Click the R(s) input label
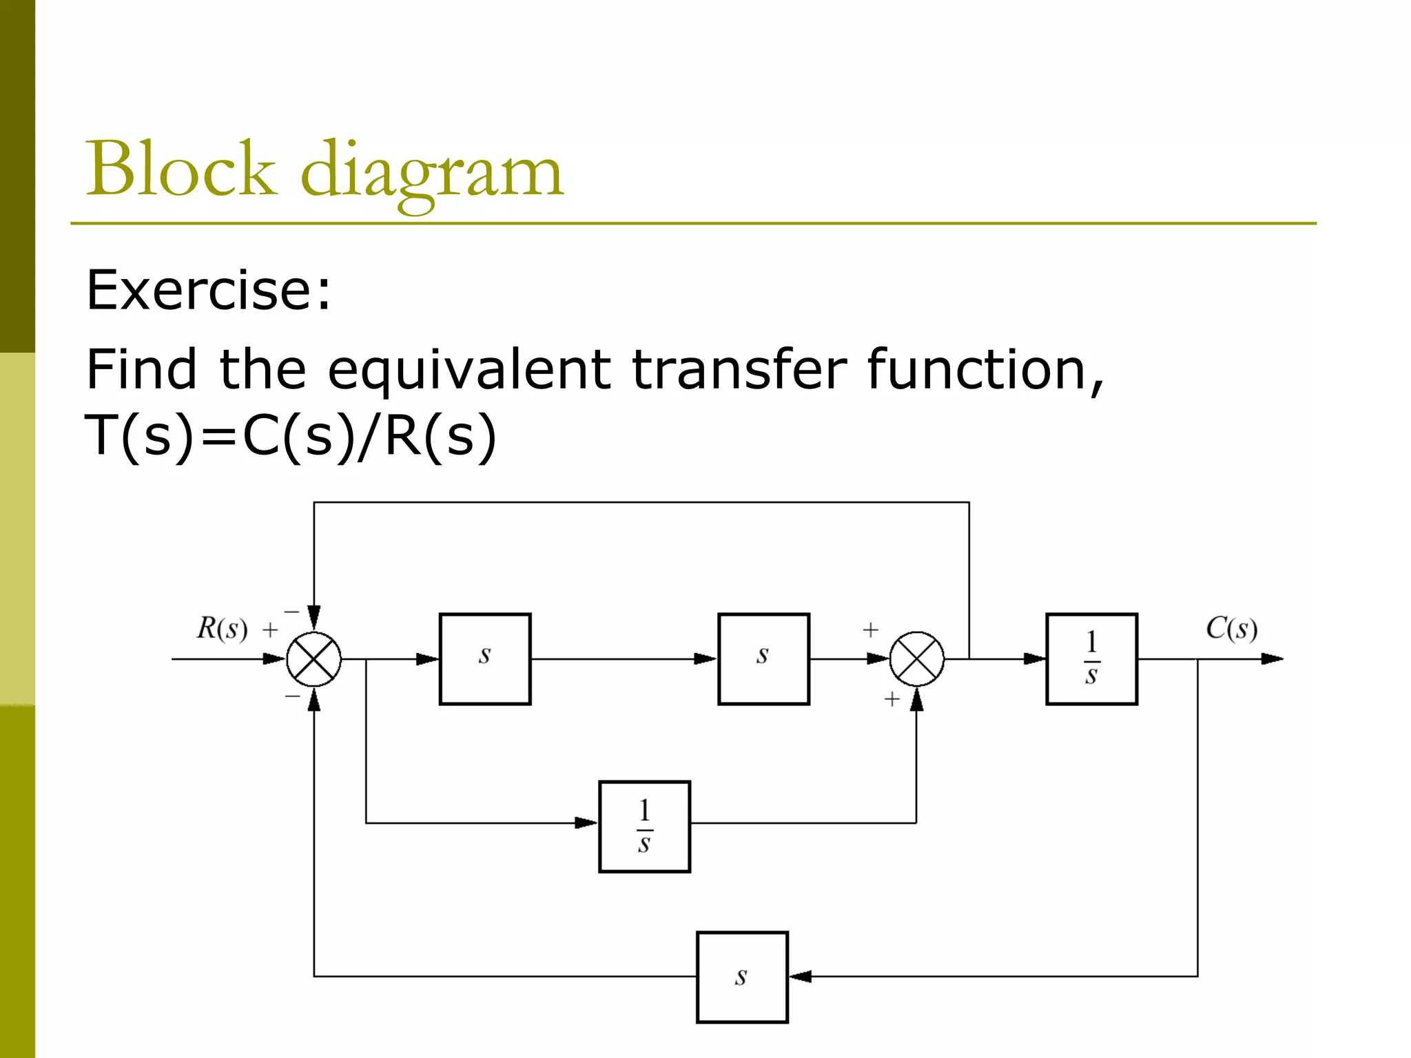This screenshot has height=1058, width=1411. click(x=222, y=628)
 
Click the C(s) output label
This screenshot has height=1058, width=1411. click(x=1231, y=628)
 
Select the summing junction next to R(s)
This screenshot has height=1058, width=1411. click(x=313, y=659)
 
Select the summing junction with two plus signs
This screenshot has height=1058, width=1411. click(x=916, y=659)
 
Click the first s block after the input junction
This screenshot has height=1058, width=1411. click(x=485, y=658)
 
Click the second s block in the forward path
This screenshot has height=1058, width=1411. click(x=763, y=658)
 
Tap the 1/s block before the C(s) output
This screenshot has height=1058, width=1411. click(x=1091, y=658)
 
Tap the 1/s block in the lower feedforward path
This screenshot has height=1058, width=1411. click(x=644, y=827)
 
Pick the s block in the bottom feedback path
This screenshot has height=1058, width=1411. click(x=742, y=977)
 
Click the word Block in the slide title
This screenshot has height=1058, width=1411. click(x=181, y=169)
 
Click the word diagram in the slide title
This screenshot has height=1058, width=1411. click(x=432, y=172)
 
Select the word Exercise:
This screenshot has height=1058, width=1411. click(x=208, y=290)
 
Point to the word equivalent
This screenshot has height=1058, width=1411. click(x=468, y=370)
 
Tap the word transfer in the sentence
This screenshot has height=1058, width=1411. click(x=739, y=370)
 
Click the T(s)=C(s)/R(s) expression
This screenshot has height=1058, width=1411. click(x=290, y=436)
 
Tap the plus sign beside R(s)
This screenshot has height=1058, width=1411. click(x=270, y=630)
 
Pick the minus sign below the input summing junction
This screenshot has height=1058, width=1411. click(x=293, y=696)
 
